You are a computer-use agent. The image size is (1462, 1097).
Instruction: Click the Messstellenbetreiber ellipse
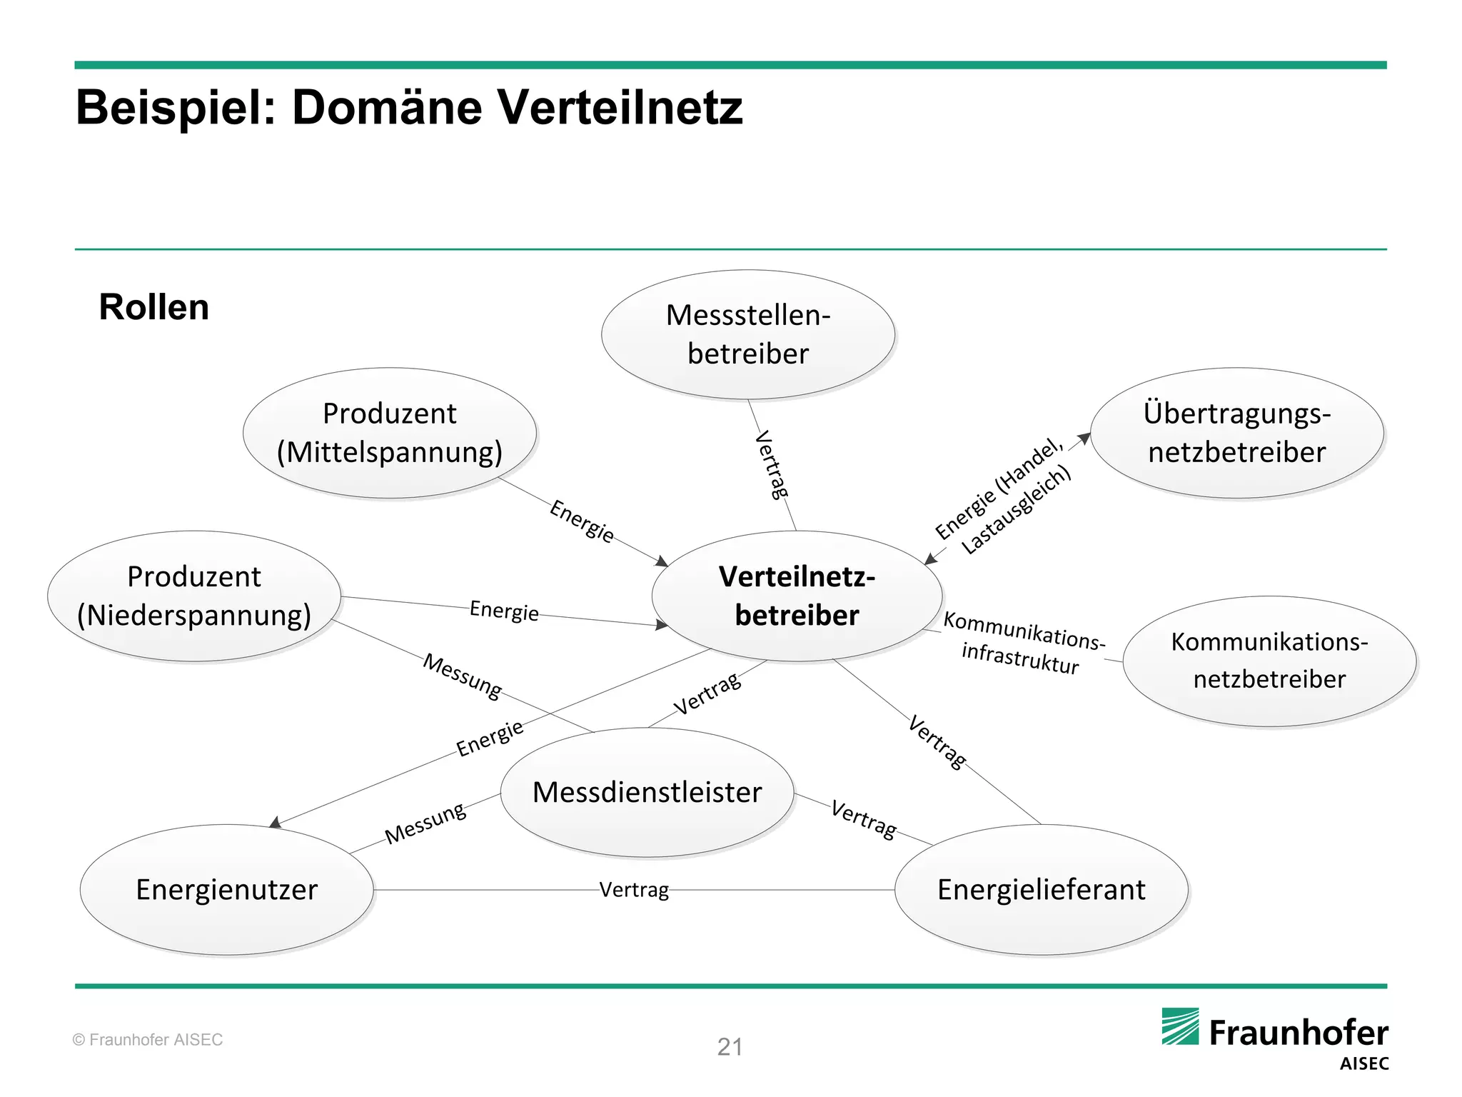point(747,334)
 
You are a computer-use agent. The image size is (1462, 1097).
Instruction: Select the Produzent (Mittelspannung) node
point(389,433)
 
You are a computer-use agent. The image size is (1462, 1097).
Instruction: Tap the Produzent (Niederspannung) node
point(193,596)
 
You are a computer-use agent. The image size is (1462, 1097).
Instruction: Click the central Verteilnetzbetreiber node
point(797,596)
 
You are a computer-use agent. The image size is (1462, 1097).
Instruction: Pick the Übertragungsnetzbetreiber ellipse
point(1236,433)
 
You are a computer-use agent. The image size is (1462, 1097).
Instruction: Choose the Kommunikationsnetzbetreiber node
point(1269,661)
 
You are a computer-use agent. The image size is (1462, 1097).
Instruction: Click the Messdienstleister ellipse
point(647,792)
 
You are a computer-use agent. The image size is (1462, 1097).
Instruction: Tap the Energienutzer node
point(226,890)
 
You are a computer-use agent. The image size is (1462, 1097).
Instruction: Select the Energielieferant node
point(1041,890)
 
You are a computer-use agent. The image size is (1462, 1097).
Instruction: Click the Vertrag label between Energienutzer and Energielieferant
point(634,890)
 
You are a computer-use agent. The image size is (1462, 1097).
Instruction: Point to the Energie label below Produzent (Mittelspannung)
point(582,521)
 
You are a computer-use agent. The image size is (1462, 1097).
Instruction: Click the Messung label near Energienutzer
point(425,823)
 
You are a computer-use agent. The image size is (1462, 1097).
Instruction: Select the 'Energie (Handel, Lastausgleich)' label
point(1003,497)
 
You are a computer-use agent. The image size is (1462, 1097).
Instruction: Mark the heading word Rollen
point(153,307)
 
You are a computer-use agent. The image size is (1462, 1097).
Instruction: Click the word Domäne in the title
point(387,108)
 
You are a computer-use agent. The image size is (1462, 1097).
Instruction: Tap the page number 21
point(730,1047)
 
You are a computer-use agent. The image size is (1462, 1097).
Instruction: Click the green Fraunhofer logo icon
point(1180,1026)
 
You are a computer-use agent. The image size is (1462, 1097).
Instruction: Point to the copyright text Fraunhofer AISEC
point(148,1040)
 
